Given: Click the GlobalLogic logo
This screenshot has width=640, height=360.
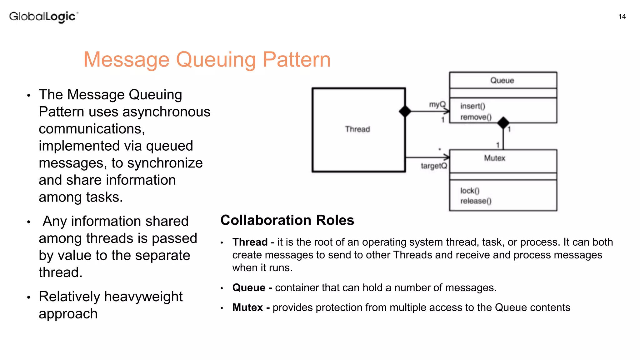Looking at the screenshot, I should point(43,17).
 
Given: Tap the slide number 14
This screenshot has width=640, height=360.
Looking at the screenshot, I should point(622,17).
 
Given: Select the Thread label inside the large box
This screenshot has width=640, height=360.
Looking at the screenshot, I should point(357,129).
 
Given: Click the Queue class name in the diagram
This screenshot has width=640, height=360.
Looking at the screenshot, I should point(502,80).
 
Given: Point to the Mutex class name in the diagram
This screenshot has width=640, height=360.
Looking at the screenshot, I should point(494,158).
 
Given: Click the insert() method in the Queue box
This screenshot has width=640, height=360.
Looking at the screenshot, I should point(472,106).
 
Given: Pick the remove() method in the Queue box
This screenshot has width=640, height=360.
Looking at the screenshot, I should point(476,117).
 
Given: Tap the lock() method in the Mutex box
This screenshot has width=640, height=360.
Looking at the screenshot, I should point(470,190).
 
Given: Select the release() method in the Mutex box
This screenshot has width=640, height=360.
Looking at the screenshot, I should point(476,201).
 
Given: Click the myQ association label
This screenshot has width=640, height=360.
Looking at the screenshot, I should point(437,104).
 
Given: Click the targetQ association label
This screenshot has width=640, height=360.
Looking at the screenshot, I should point(434,166).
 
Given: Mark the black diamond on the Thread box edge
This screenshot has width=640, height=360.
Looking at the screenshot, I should point(405,111).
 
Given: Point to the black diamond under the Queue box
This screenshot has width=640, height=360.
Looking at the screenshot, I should point(503,123).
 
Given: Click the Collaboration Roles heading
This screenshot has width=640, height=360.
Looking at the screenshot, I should point(287,220).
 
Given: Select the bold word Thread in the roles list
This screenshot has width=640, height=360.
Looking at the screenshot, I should point(250,242).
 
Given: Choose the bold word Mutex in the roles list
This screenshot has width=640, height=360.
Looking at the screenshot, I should point(247,307).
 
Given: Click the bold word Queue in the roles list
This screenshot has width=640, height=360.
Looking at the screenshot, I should point(249,287).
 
